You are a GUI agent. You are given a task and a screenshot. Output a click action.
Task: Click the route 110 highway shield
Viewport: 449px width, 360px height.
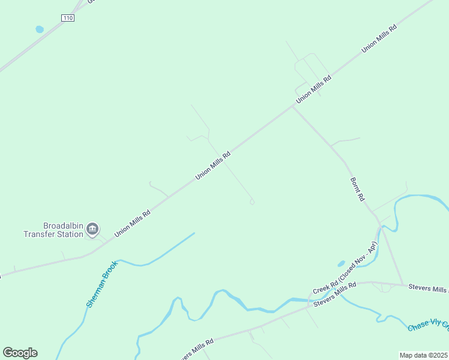point(68,19)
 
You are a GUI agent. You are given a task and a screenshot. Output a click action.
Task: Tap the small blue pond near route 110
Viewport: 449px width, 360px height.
point(40,29)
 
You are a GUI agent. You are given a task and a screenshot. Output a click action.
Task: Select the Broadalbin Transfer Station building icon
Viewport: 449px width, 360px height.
point(92,229)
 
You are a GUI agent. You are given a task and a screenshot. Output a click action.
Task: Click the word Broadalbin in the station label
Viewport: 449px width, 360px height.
point(64,226)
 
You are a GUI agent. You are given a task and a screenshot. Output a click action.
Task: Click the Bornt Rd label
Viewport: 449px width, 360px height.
point(357,188)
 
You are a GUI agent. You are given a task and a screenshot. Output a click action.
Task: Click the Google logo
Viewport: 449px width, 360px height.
point(20,352)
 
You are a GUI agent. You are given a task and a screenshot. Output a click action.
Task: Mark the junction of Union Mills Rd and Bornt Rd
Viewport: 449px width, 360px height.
point(293,107)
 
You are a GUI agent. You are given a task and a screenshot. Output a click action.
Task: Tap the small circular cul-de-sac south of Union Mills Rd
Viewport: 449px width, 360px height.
point(252,202)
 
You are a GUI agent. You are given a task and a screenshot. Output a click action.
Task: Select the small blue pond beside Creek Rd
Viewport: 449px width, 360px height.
point(341,263)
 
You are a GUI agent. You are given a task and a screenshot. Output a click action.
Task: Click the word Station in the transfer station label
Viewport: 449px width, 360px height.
point(70,235)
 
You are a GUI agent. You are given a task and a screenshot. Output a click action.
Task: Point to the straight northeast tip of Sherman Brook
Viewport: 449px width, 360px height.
point(194,233)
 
